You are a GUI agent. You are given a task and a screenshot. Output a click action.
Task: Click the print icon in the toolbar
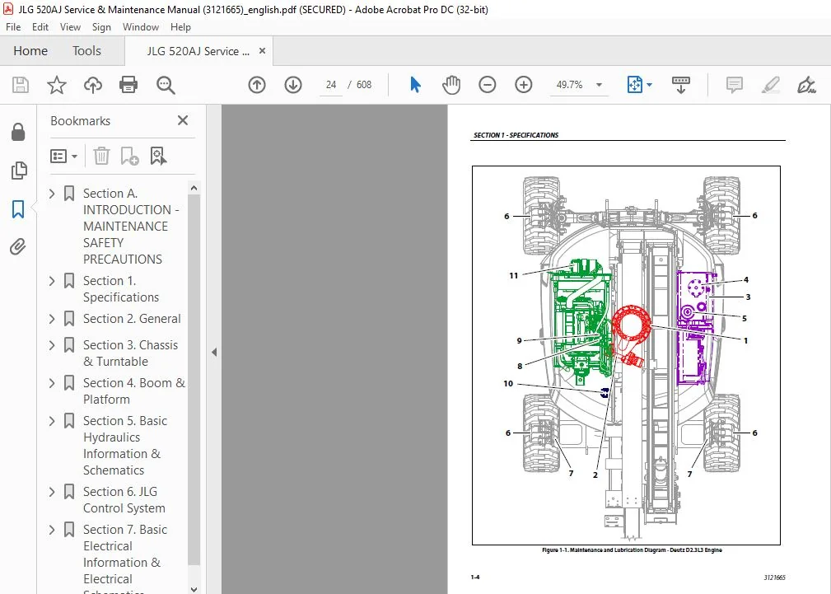pyautogui.click(x=128, y=85)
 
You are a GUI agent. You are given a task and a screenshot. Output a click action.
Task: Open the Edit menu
pyautogui.click(x=40, y=27)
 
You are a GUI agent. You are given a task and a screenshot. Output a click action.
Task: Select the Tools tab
pyautogui.click(x=86, y=51)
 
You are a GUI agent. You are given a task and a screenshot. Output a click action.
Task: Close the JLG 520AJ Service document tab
pyautogui.click(x=263, y=51)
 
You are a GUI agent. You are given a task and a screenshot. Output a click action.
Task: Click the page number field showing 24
pyautogui.click(x=331, y=85)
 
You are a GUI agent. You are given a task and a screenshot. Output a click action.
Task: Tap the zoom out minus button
pyautogui.click(x=487, y=85)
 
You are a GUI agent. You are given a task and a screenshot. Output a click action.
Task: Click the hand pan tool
pyautogui.click(x=451, y=85)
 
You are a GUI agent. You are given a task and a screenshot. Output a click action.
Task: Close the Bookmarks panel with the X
pyautogui.click(x=183, y=121)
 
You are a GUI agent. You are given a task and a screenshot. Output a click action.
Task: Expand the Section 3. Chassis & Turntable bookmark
pyautogui.click(x=52, y=345)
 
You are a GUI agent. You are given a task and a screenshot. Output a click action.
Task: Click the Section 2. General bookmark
pyautogui.click(x=132, y=319)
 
